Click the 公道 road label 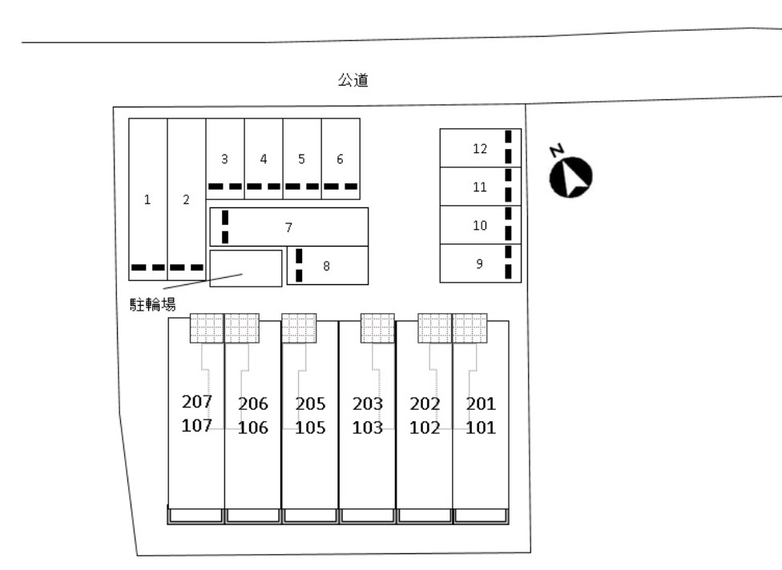pos(353,80)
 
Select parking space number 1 pos(147,200)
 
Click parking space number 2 pos(186,200)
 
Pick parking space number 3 pos(225,159)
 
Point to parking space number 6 pos(341,159)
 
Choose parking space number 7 pos(288,227)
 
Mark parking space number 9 pos(479,263)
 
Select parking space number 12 pos(480,148)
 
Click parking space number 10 pos(480,226)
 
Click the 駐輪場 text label pos(153,304)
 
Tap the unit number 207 pos(196,401)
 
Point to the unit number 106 pos(253,427)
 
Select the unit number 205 pos(310,403)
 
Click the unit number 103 pos(368,427)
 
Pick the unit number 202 pos(425,403)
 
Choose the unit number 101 pos(481,427)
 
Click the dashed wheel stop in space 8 pos(299,266)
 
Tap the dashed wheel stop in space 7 pos(225,227)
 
